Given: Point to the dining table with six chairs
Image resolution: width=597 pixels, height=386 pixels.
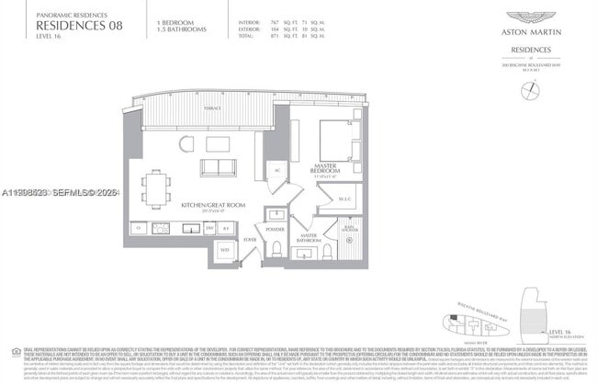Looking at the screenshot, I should point(155,188).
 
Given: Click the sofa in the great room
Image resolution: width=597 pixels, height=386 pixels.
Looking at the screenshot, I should point(217,168).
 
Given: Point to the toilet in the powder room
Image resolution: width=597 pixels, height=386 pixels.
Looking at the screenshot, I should point(274,245).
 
